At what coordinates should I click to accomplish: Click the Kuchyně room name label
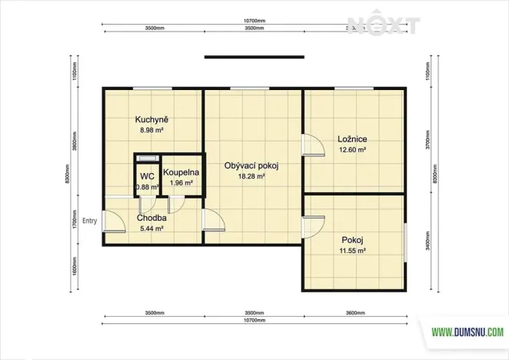click(151, 120)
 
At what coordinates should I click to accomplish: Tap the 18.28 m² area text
click(251, 176)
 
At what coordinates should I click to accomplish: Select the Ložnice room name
click(351, 139)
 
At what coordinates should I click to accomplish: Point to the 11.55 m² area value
click(353, 251)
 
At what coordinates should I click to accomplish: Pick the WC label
click(146, 176)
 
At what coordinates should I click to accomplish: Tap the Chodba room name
click(151, 218)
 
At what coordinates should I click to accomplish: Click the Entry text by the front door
click(90, 219)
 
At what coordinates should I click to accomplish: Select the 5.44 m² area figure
click(151, 228)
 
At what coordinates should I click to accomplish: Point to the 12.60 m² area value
click(351, 150)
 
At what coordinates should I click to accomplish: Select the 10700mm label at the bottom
click(254, 320)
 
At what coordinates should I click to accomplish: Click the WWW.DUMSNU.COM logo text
click(467, 332)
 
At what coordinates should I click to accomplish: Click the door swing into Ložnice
click(311, 145)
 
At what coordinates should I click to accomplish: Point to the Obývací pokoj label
click(251, 165)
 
